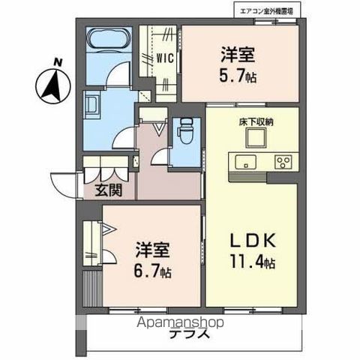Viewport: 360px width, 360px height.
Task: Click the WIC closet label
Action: (x=166, y=56)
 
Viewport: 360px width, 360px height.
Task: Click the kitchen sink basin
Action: (x=245, y=162)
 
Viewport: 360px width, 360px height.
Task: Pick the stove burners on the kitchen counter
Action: (x=283, y=162)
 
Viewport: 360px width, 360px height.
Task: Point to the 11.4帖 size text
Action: (x=253, y=263)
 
